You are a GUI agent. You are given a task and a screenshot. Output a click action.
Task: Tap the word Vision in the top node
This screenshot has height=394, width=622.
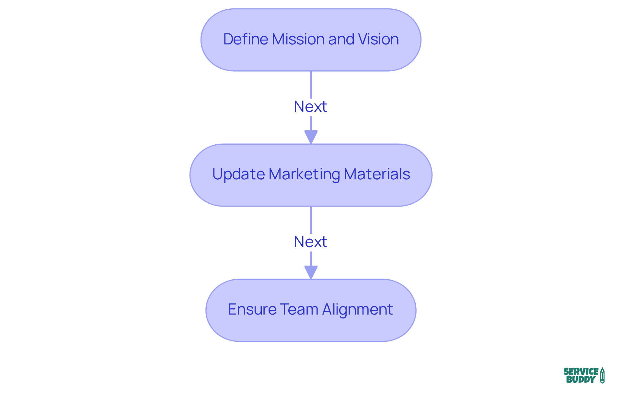(378, 39)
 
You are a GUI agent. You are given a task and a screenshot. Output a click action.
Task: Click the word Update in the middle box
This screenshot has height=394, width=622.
(238, 174)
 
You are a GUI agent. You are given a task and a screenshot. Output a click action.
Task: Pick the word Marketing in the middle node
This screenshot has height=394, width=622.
(304, 174)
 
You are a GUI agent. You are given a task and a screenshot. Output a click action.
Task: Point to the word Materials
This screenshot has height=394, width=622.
(377, 174)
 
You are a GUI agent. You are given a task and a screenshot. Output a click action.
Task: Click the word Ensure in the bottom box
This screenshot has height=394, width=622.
(252, 309)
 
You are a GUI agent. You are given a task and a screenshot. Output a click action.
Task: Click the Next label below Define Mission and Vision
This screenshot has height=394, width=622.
(310, 107)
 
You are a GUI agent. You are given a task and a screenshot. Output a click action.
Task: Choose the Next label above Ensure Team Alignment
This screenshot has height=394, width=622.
(310, 242)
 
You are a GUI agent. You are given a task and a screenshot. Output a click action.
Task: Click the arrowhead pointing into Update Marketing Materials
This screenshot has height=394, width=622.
(311, 137)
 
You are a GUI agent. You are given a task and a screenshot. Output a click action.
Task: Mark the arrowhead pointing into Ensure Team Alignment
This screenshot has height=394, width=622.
(311, 272)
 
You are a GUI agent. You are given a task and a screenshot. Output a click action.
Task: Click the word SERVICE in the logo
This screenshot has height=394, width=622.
(581, 371)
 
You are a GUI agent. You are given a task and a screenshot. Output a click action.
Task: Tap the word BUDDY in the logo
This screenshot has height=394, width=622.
(581, 379)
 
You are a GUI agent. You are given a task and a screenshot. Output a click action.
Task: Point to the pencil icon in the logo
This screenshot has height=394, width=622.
(602, 375)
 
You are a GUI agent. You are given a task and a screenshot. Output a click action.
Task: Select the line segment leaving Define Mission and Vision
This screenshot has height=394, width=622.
(311, 84)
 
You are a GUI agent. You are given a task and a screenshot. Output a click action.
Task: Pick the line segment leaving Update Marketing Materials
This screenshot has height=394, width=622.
(311, 220)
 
